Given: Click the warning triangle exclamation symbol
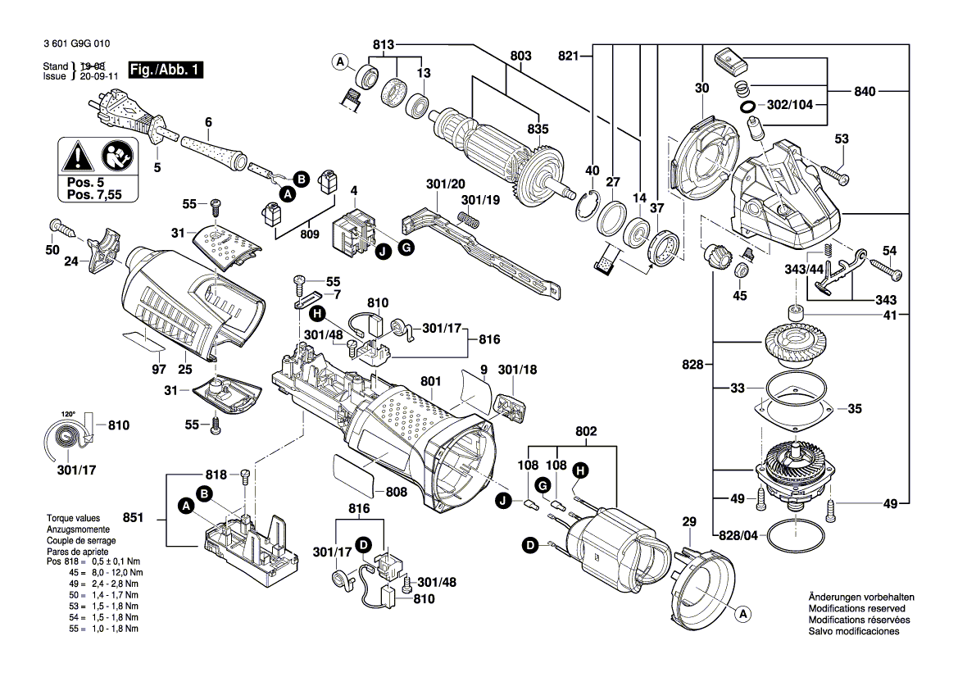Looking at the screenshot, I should point(76,154).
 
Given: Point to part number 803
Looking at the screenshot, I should point(520,56).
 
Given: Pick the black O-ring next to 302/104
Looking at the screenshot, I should point(747,107).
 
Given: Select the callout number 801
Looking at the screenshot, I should point(432,381).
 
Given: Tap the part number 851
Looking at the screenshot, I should point(134,517).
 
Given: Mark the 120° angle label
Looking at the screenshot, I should point(67,414).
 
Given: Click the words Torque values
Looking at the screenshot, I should point(74,519).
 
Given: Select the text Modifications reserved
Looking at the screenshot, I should point(856,609).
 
